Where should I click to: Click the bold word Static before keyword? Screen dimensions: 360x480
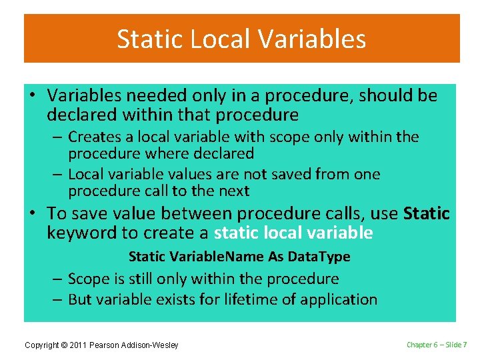coord(427,214)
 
